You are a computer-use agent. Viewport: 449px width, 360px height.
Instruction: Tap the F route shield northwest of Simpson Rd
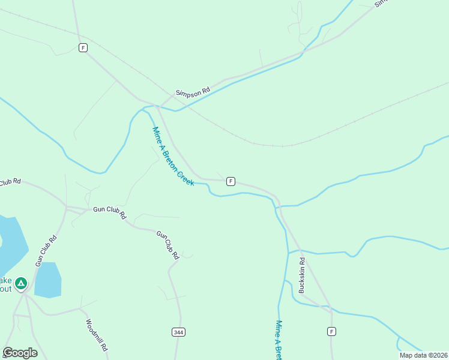[x=83, y=47]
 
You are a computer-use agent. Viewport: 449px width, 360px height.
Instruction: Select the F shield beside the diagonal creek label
[x=231, y=181]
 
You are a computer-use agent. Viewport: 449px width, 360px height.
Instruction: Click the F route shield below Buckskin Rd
[x=331, y=331]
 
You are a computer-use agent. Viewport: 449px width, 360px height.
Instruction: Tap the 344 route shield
[x=178, y=332]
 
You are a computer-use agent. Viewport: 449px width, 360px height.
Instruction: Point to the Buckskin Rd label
[x=303, y=275]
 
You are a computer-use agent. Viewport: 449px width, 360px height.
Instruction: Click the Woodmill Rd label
[x=96, y=335]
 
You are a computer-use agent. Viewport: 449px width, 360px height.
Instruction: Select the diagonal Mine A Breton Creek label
[x=173, y=156]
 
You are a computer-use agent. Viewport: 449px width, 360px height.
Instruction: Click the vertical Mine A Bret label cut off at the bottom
[x=279, y=340]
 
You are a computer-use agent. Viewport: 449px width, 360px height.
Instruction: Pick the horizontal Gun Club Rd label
[x=109, y=212]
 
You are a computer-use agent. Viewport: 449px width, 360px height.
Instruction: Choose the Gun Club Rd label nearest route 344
[x=168, y=245]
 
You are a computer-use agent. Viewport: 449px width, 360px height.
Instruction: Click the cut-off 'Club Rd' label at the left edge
[x=10, y=182]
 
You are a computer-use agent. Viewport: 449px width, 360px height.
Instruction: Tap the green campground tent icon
[x=21, y=283]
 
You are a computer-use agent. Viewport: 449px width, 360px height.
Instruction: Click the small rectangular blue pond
[x=48, y=280]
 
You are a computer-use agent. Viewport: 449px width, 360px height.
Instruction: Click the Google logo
[x=20, y=353]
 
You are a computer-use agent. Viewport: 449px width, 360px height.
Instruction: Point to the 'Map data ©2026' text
[x=423, y=355]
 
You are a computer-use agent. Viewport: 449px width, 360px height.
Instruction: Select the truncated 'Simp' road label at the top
[x=381, y=3]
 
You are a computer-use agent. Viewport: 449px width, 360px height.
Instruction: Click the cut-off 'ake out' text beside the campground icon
[x=5, y=284]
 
